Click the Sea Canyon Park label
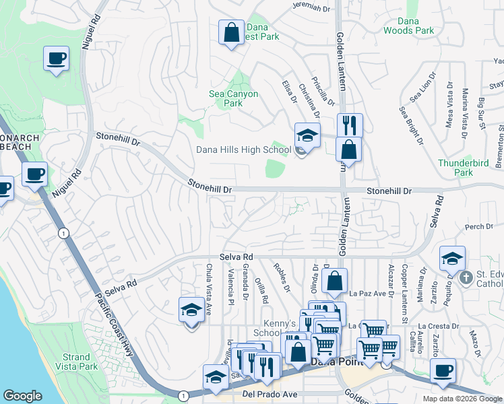[x=233, y=99]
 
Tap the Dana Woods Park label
[x=408, y=26]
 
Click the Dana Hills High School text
[x=243, y=150]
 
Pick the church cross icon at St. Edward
[x=465, y=277]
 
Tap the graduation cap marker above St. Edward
[x=451, y=259]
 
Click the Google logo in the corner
[x=22, y=396]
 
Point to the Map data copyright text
[x=463, y=399]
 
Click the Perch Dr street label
[x=479, y=227]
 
